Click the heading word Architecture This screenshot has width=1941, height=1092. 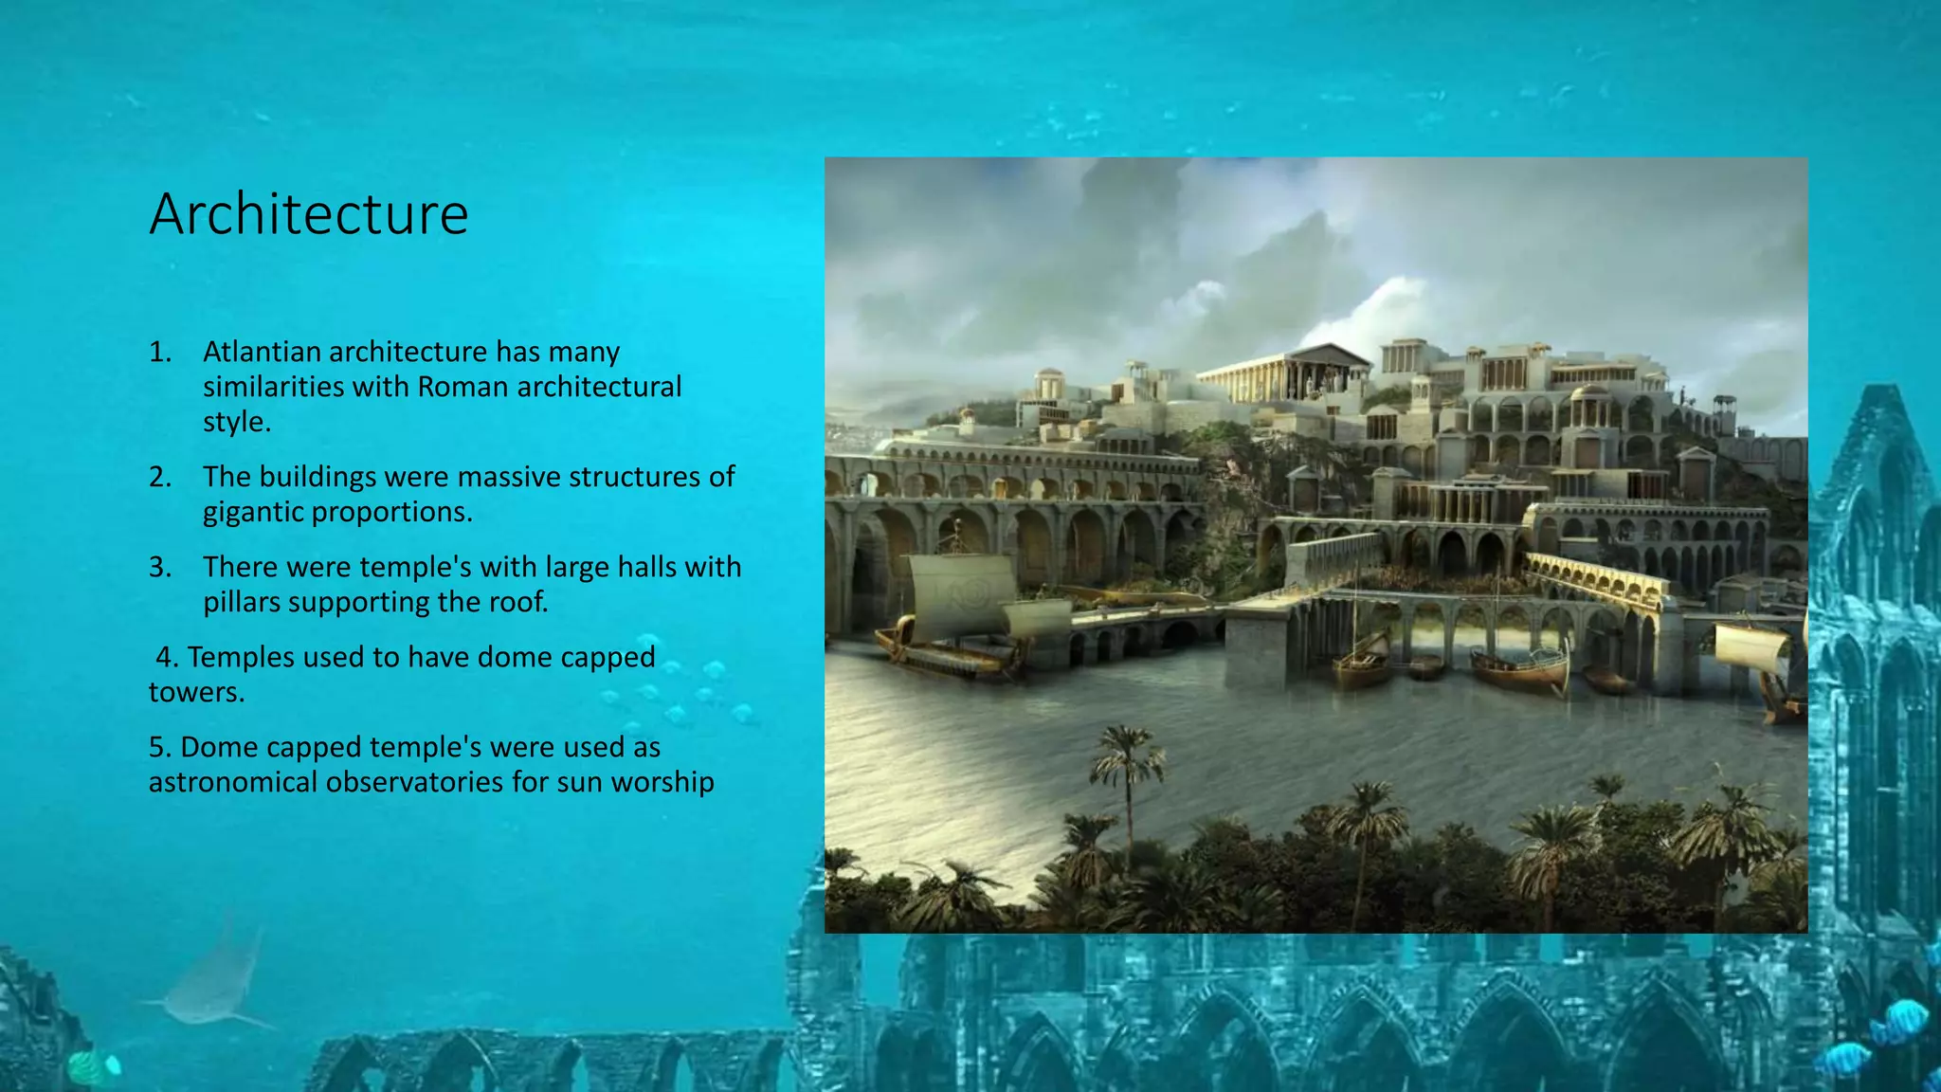coord(308,214)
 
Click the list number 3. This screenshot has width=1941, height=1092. coord(159,567)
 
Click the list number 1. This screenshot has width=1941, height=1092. coord(159,352)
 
